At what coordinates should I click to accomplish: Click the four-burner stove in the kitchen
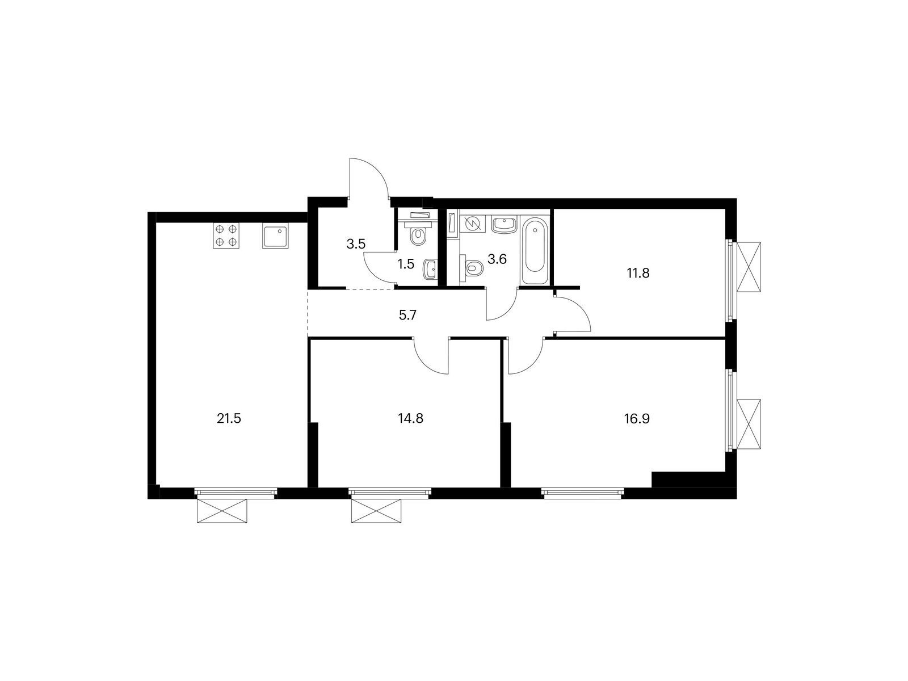point(226,236)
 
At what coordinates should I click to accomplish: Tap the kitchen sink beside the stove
point(275,236)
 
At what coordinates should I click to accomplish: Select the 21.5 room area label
point(229,419)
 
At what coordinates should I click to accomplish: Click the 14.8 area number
point(410,419)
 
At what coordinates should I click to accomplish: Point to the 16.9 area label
point(637,419)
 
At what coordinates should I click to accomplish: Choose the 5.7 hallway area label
point(407,315)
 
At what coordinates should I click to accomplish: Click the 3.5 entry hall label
point(356,245)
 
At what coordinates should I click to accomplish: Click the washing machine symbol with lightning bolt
point(472,224)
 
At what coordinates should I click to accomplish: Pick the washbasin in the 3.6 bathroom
point(503,224)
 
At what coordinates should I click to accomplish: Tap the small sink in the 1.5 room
point(430,269)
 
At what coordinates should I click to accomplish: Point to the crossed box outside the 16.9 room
point(747,424)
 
